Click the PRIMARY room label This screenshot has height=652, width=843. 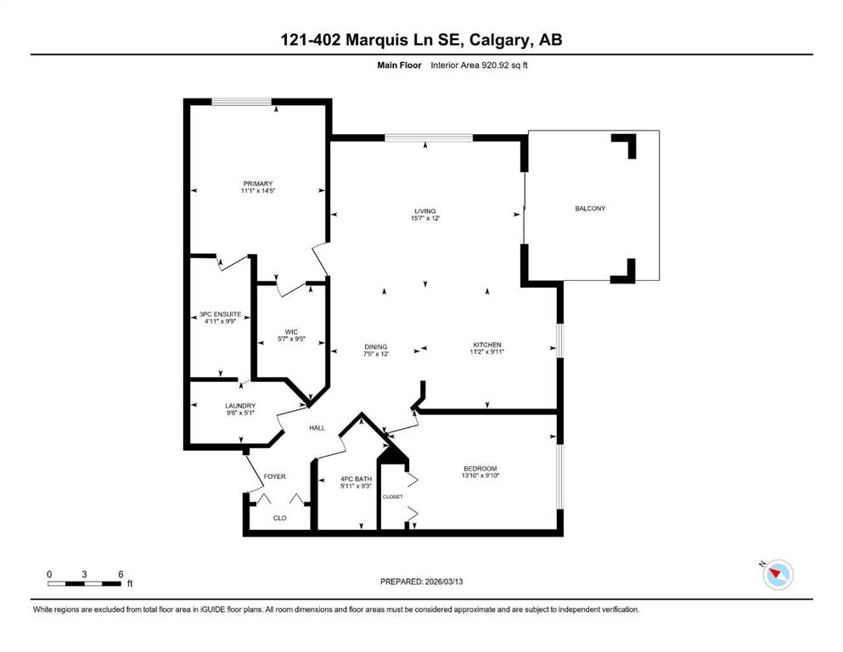click(257, 184)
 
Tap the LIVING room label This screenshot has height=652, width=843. click(424, 211)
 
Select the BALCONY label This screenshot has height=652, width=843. click(590, 209)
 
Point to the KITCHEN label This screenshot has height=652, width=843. click(488, 345)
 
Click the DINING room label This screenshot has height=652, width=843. click(375, 346)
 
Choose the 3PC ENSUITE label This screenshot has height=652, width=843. click(220, 314)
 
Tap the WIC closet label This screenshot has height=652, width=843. click(290, 332)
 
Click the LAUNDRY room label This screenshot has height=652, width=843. click(240, 406)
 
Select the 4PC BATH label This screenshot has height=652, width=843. click(332, 479)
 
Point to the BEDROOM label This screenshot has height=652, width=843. click(480, 469)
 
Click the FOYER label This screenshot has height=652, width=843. click(274, 476)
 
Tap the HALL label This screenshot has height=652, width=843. click(317, 428)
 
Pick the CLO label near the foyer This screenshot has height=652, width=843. click(278, 517)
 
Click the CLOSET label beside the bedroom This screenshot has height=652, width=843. click(392, 497)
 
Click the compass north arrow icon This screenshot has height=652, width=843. click(776, 575)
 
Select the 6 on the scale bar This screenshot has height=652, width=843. click(121, 573)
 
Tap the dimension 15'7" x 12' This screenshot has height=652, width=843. click(424, 219)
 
